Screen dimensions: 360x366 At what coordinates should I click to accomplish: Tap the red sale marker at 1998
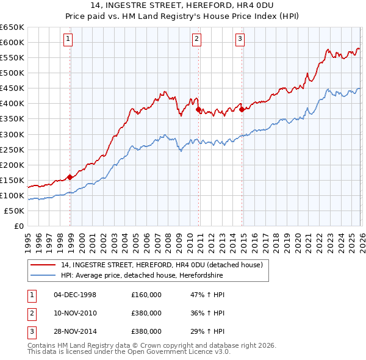tap(70, 177)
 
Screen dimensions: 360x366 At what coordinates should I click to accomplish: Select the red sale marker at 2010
tap(199, 110)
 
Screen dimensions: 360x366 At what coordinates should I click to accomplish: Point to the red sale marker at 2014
tap(242, 110)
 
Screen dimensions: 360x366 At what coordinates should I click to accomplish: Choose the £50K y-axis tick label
tap(15, 211)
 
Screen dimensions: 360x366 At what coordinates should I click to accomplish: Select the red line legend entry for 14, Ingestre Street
tap(162, 265)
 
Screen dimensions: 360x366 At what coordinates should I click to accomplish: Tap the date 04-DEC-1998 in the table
tap(75, 295)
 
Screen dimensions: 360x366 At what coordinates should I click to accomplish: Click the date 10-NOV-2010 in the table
tap(75, 313)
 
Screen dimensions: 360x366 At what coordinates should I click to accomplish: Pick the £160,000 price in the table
tap(146, 295)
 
